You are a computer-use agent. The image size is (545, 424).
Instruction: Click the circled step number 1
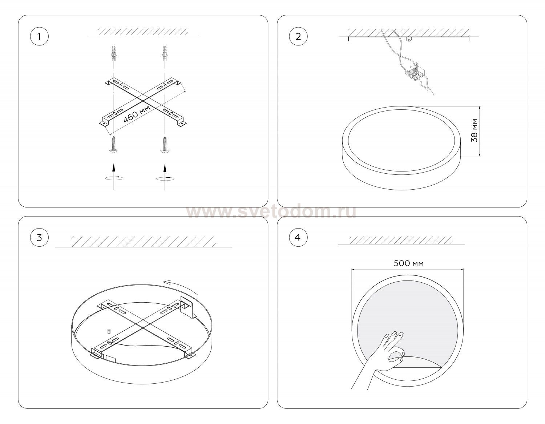pyautogui.click(x=39, y=36)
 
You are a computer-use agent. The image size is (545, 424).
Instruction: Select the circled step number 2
pyautogui.click(x=298, y=36)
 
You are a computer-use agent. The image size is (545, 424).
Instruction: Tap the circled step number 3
pyautogui.click(x=39, y=237)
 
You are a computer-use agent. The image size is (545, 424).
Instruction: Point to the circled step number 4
pyautogui.click(x=298, y=237)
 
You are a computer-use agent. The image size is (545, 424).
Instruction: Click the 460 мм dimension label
pyautogui.click(x=137, y=114)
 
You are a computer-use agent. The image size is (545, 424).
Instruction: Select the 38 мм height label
pyautogui.click(x=474, y=130)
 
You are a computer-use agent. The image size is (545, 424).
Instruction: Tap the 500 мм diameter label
pyautogui.click(x=408, y=263)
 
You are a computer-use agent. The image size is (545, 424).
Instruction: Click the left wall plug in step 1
pyautogui.click(x=114, y=53)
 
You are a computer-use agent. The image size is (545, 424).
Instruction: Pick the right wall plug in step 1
pyautogui.click(x=165, y=53)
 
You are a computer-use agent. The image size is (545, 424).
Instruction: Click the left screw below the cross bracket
pyautogui.click(x=114, y=144)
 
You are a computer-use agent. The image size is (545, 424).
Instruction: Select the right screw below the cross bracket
pyautogui.click(x=165, y=144)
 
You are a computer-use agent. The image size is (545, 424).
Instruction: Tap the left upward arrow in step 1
pyautogui.click(x=114, y=167)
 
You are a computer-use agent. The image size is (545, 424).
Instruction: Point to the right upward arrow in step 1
pyautogui.click(x=165, y=167)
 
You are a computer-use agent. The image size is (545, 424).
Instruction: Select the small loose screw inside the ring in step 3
pyautogui.click(x=109, y=331)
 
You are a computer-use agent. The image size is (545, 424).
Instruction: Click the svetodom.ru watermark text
pyautogui.click(x=271, y=212)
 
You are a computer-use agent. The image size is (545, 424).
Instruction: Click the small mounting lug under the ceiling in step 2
pyautogui.click(x=409, y=39)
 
